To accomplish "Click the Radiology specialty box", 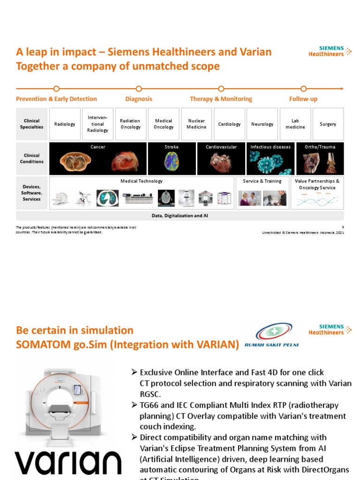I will click(x=65, y=124).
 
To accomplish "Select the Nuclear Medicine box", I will click(x=196, y=124).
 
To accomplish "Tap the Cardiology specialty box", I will click(x=229, y=124).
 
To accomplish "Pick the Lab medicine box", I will click(x=295, y=124).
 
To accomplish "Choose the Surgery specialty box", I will click(x=328, y=124).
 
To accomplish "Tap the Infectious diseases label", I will click(x=270, y=147).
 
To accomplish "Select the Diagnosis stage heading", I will click(x=139, y=99).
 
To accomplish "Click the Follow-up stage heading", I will click(x=303, y=99).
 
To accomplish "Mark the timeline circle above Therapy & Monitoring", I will click(x=221, y=88).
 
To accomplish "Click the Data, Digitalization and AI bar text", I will click(x=180, y=216).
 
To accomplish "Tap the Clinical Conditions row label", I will click(x=32, y=158).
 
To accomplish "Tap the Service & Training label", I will click(x=262, y=181).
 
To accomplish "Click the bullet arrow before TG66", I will click(x=134, y=405).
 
